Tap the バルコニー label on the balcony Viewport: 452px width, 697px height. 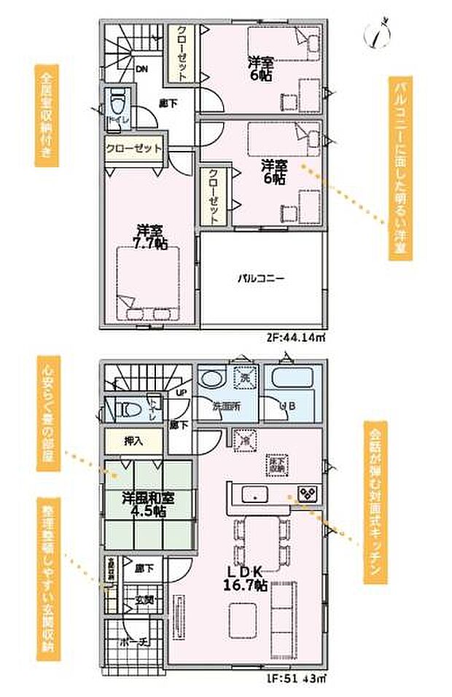tap(260, 278)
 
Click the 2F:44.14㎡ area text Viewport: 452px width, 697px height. tap(295, 338)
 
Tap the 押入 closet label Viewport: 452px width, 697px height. tap(133, 440)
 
